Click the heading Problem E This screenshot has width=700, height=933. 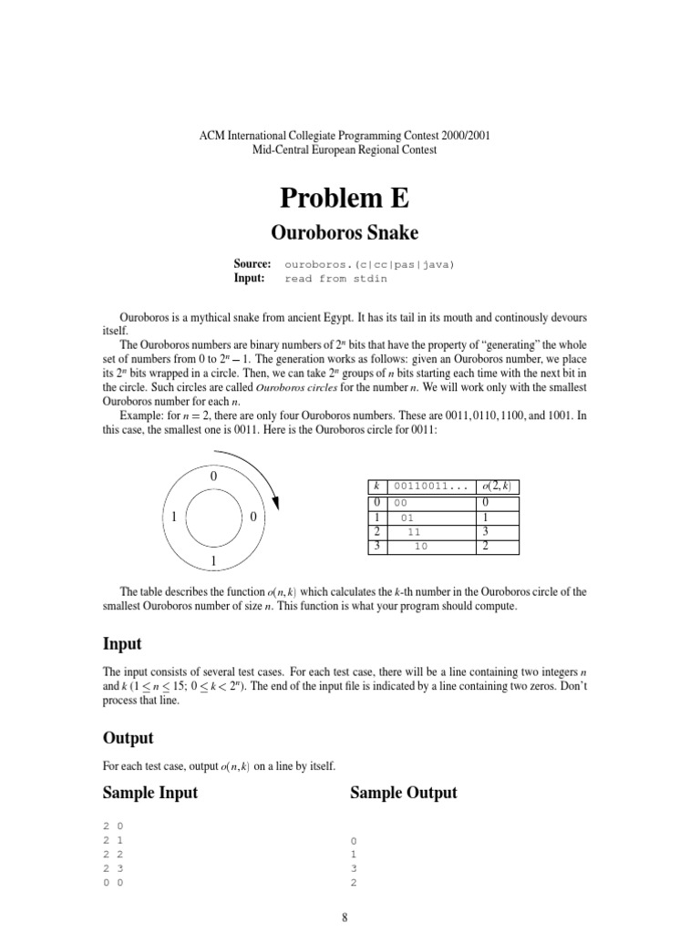(350, 197)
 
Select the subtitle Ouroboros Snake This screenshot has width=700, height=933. (350, 233)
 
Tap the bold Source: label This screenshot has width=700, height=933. (252, 263)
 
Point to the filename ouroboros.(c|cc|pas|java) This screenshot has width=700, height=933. (369, 264)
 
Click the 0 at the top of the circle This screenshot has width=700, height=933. (213, 477)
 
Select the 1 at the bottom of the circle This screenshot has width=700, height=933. (213, 559)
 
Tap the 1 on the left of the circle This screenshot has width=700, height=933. (172, 518)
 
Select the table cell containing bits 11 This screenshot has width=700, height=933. (414, 531)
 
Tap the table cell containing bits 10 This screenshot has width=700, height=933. (421, 546)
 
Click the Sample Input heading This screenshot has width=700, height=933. (150, 793)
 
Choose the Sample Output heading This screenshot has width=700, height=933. (404, 793)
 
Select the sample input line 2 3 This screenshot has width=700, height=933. (114, 869)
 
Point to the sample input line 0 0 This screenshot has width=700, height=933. (114, 884)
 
